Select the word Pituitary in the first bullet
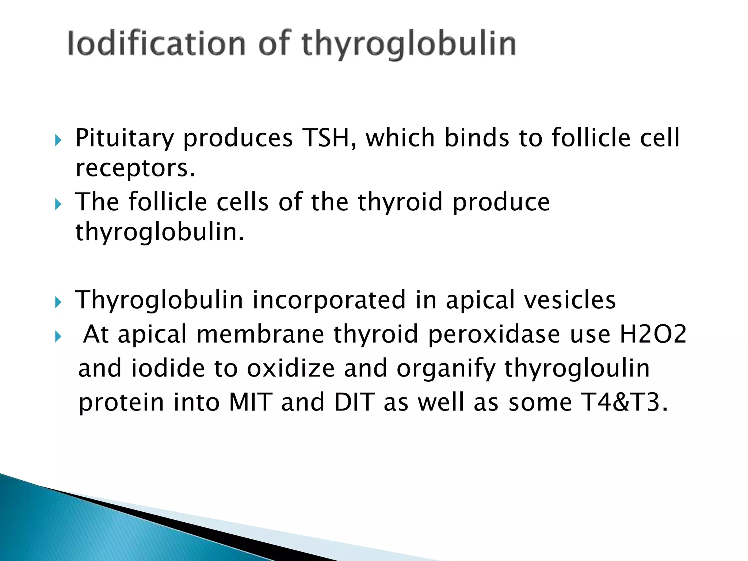[x=125, y=138]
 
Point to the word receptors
[x=136, y=168]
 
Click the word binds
[x=476, y=138]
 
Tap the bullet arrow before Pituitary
[x=58, y=140]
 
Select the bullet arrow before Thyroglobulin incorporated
[x=58, y=302]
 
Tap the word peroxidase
[x=494, y=334]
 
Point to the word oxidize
[x=291, y=368]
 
